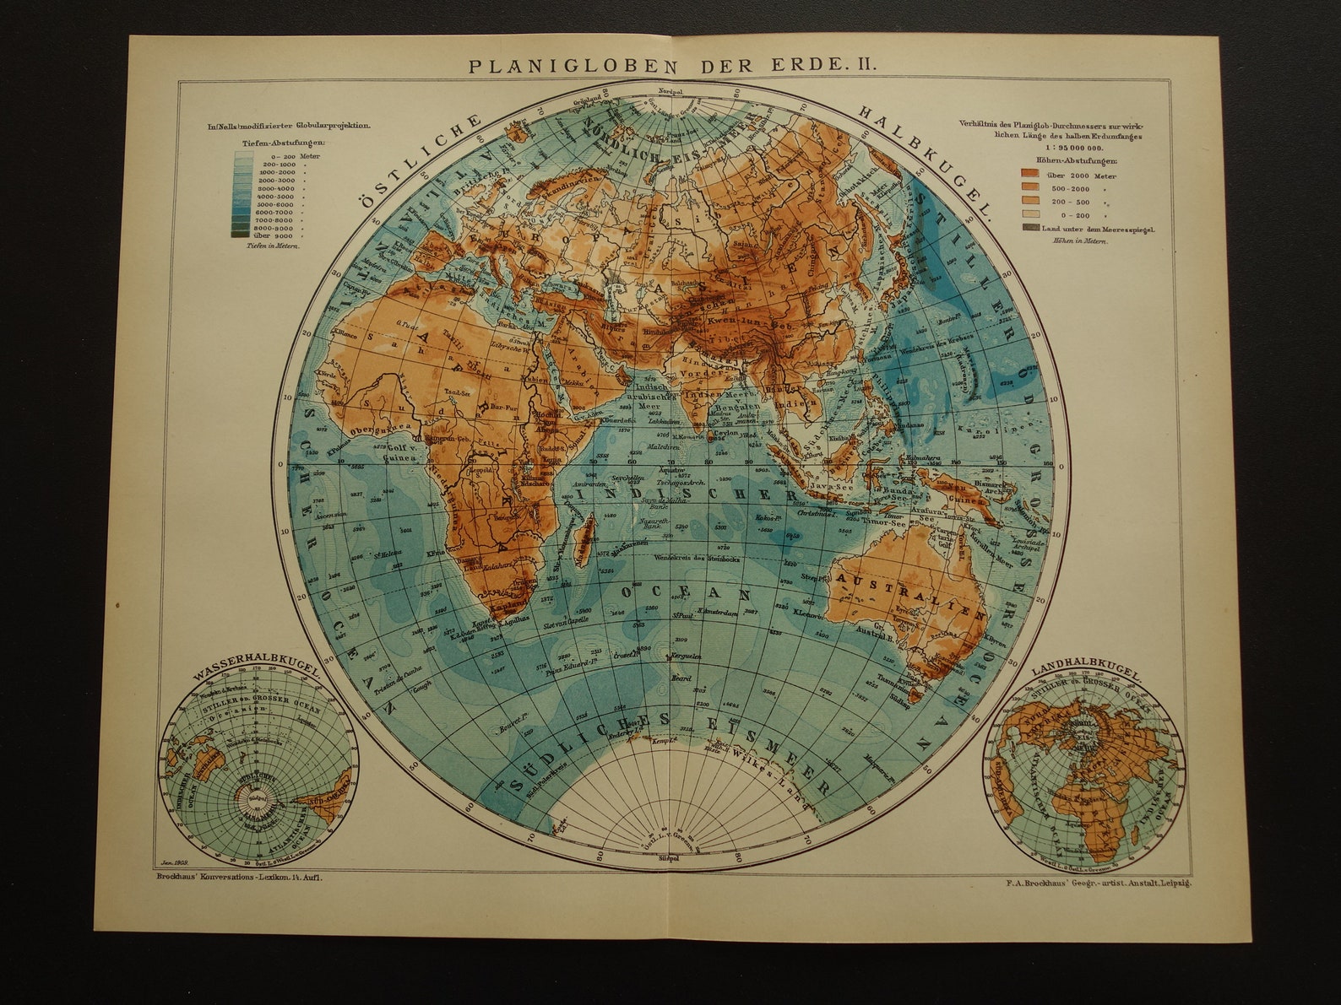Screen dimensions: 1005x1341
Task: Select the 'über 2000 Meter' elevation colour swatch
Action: (x=1031, y=176)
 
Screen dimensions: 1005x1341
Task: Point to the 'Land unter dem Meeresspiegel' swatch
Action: (x=1031, y=229)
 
